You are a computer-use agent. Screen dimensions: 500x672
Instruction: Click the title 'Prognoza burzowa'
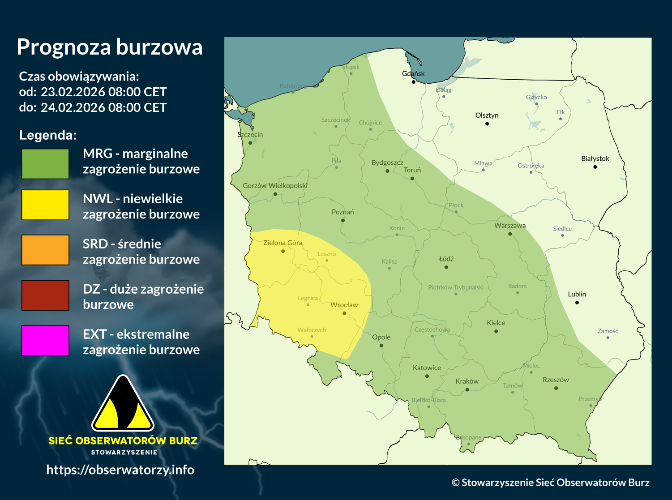(x=109, y=47)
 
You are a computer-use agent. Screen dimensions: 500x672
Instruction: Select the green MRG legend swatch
(x=45, y=164)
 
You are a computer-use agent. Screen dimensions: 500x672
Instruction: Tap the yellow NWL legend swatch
(x=45, y=205)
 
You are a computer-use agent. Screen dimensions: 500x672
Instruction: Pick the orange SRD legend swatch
(x=45, y=250)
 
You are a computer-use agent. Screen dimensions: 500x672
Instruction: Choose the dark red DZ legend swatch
(x=45, y=295)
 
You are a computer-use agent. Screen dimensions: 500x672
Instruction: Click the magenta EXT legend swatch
(x=45, y=341)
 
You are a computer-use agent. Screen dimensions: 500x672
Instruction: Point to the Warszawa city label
(x=509, y=226)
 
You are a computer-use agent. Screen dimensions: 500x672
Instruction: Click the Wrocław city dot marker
(x=344, y=313)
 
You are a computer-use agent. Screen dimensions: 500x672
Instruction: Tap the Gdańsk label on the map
(x=413, y=73)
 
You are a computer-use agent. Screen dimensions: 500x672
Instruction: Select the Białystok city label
(x=595, y=158)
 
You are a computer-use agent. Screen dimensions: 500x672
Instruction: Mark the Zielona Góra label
(x=282, y=243)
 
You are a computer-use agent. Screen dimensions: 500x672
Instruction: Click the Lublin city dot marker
(x=577, y=303)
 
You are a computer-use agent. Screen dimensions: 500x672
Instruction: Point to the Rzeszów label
(x=556, y=380)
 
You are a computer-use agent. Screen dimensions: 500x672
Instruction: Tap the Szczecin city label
(x=250, y=135)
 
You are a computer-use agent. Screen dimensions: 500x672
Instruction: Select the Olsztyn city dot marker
(x=487, y=124)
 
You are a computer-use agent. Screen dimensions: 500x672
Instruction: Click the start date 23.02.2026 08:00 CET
(x=103, y=92)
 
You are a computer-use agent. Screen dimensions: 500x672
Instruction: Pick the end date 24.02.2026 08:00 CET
(x=103, y=108)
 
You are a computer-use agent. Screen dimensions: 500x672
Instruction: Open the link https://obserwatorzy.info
(x=120, y=470)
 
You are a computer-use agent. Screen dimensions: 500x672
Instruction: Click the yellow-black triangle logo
(x=123, y=404)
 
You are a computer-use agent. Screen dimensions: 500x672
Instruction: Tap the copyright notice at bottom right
(x=550, y=482)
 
